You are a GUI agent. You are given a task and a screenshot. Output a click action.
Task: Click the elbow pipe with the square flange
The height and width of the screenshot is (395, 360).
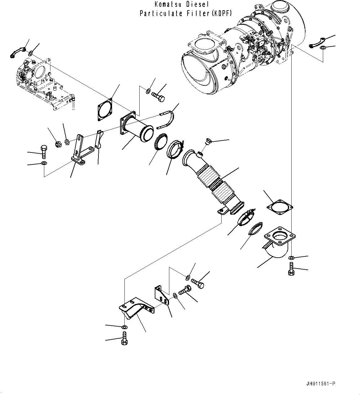pos(276,243)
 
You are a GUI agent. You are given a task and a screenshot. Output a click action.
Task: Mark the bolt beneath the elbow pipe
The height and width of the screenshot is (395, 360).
pos(291,268)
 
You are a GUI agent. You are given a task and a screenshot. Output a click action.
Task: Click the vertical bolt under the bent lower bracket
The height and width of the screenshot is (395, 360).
pos(124,338)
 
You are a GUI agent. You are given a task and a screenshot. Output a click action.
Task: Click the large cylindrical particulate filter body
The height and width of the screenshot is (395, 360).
pos(235,53)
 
